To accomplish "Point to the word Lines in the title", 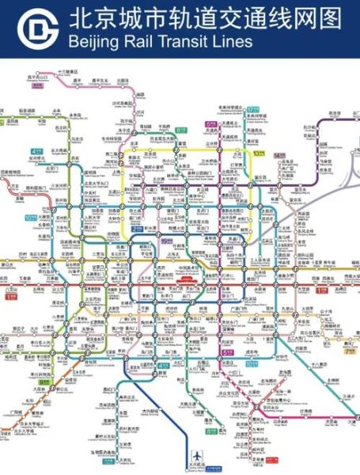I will (233, 42).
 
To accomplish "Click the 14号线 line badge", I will (279, 157).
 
